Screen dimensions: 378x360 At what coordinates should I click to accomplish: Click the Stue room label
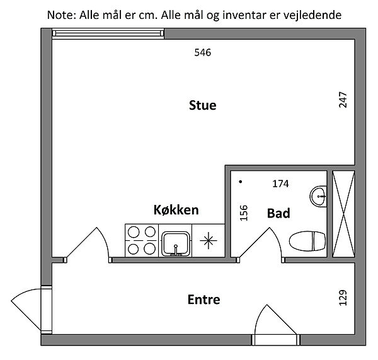[x=202, y=105]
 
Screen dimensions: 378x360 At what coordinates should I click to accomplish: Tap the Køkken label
[x=176, y=210]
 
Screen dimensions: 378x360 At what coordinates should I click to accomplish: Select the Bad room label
[x=278, y=213]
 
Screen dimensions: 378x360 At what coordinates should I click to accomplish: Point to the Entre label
[x=203, y=299]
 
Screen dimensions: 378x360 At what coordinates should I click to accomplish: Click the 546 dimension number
[x=202, y=52]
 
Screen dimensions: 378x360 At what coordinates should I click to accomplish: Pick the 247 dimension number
[x=343, y=100]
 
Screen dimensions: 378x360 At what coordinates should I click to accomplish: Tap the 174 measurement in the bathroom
[x=280, y=184]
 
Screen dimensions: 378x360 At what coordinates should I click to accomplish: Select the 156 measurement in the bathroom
[x=244, y=213]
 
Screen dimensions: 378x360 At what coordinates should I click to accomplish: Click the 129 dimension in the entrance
[x=343, y=298]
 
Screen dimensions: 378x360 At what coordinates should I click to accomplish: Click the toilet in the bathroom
[x=307, y=241]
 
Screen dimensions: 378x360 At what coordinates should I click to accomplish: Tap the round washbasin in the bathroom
[x=318, y=197]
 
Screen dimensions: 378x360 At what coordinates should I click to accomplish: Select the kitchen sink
[x=176, y=244]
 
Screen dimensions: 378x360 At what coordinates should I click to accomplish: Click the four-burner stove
[x=142, y=241]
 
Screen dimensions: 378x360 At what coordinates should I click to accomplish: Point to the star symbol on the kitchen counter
[x=209, y=240]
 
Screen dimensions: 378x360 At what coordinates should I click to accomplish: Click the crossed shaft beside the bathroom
[x=343, y=214]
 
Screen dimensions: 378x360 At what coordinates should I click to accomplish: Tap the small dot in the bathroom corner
[x=241, y=182]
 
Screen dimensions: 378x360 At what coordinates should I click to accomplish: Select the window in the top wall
[x=108, y=33]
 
